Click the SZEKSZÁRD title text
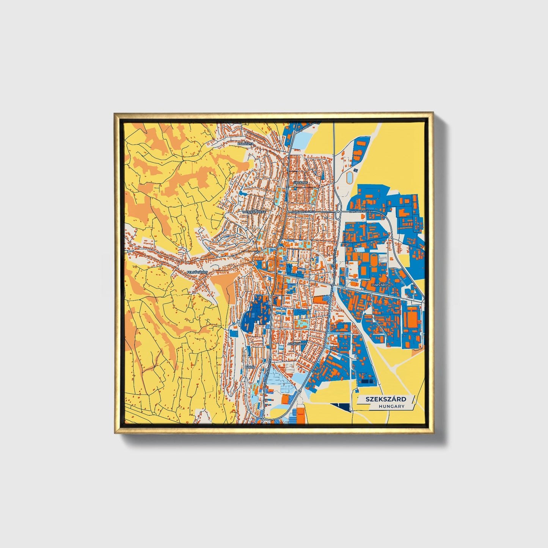[x=386, y=399]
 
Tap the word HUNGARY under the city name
[x=391, y=406]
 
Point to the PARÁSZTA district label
[x=245, y=144]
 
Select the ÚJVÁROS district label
[x=301, y=182]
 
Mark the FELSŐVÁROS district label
[x=197, y=272]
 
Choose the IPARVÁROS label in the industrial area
[x=380, y=284]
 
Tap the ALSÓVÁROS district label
[x=297, y=344]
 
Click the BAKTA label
[x=250, y=367]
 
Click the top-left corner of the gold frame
[x=115, y=113]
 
